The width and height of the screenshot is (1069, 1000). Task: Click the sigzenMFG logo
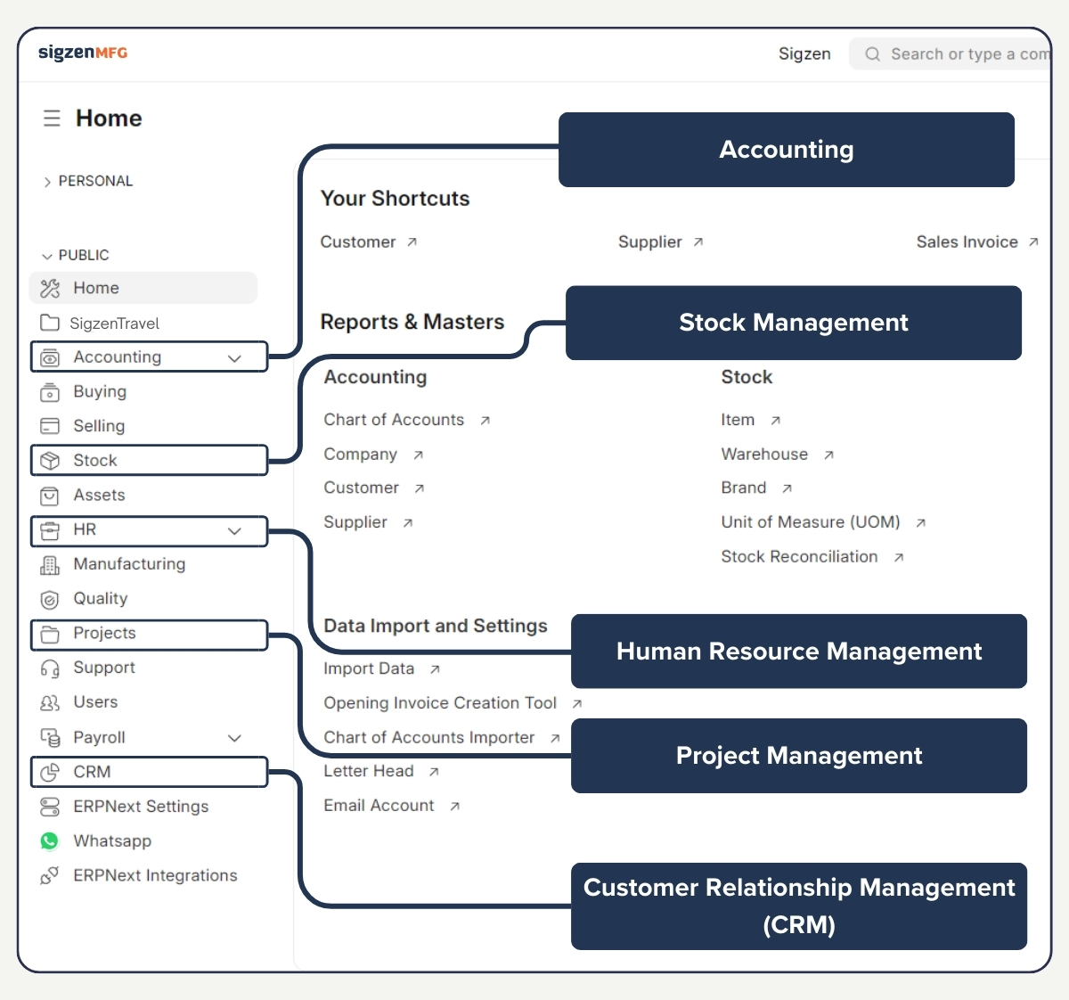pos(83,53)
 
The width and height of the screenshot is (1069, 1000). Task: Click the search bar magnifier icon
pos(873,54)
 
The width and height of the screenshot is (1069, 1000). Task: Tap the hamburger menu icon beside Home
pos(52,119)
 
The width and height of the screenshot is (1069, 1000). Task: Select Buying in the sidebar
pos(100,391)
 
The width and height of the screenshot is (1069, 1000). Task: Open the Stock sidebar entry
pos(95,461)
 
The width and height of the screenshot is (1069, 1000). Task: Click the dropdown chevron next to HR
pos(234,531)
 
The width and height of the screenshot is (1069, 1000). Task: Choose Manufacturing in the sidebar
pos(129,564)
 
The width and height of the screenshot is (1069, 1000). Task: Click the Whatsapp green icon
pos(50,841)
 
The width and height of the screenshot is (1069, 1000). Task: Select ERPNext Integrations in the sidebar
pos(155,876)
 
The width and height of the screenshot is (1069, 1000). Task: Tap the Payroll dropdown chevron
pos(234,738)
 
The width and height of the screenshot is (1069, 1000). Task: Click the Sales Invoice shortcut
pos(967,242)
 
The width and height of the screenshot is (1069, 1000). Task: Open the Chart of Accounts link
pos(394,420)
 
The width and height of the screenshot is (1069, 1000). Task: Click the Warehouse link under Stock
pos(764,455)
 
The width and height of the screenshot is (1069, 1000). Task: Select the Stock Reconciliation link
pos(799,557)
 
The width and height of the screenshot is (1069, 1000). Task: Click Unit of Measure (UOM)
pos(811,522)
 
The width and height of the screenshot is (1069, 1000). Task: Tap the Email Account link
pos(379,806)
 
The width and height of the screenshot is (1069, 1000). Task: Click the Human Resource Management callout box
pos(799,652)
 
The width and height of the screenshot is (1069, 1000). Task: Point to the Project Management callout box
pos(799,756)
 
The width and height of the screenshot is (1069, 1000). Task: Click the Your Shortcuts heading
pos(395,199)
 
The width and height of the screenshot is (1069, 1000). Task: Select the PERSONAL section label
pos(95,181)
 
